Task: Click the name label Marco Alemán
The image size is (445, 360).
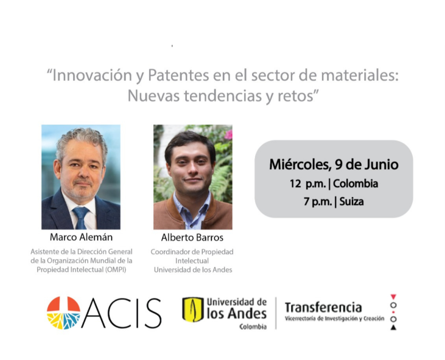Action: click(81, 237)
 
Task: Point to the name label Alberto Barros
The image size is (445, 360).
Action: click(192, 237)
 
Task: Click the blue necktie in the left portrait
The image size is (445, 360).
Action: click(81, 217)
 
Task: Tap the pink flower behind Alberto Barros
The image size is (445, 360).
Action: click(228, 134)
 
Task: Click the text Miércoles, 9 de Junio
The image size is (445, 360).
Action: click(334, 165)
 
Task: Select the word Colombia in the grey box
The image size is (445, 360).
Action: click(355, 184)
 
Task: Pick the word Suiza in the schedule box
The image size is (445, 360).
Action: click(351, 202)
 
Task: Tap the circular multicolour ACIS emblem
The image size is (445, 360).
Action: click(64, 313)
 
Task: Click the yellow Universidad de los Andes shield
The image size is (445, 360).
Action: click(193, 309)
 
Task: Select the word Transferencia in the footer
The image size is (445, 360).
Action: click(323, 308)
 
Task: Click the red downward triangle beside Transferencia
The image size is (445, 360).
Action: click(393, 297)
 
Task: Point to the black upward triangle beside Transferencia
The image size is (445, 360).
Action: click(393, 327)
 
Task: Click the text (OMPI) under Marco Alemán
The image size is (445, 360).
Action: click(115, 270)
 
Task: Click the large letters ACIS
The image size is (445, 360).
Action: click(122, 314)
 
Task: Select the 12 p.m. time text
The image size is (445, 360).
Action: click(308, 184)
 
